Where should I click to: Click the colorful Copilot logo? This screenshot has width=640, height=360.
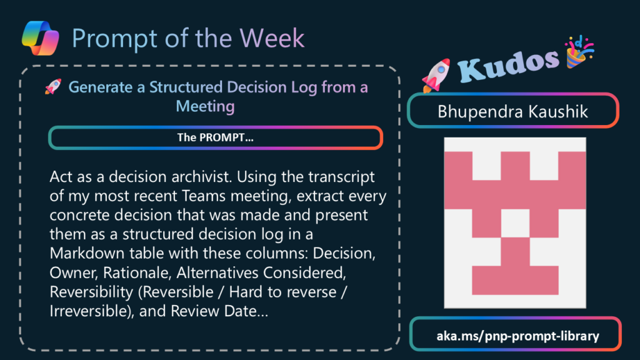point(41,38)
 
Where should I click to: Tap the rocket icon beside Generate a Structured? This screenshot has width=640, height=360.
point(53,86)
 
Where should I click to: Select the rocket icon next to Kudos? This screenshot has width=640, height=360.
point(436,75)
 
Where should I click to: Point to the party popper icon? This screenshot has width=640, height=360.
point(579,52)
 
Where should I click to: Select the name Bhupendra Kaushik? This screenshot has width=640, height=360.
point(512,111)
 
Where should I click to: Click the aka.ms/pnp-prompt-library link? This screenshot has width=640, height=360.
point(517,336)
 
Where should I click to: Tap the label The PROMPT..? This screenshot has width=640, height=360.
point(215,137)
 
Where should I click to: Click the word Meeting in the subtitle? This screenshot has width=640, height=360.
point(205,106)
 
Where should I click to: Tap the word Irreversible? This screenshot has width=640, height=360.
point(92,311)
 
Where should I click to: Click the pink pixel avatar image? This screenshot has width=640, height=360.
point(515,223)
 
